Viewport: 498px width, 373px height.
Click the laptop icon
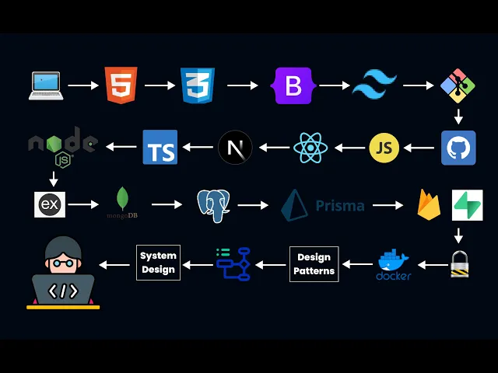(46, 85)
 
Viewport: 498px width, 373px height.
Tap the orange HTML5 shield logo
(121, 85)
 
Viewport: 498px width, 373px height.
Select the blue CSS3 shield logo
(198, 85)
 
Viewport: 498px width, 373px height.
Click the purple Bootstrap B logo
(293, 85)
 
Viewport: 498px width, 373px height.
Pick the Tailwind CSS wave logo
(374, 85)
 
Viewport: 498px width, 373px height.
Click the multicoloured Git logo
(458, 85)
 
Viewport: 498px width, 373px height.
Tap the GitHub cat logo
(458, 148)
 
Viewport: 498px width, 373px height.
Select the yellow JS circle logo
(384, 148)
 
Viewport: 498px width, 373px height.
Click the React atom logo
(310, 148)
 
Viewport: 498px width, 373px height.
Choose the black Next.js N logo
(235, 148)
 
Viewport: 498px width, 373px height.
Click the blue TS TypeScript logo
(160, 148)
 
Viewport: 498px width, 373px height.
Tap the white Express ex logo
(50, 205)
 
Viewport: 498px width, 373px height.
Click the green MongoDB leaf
(122, 200)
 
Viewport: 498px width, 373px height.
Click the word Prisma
(340, 206)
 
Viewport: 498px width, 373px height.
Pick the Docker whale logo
(394, 263)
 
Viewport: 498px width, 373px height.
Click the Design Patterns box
(314, 264)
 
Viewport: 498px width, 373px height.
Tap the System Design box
(158, 263)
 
